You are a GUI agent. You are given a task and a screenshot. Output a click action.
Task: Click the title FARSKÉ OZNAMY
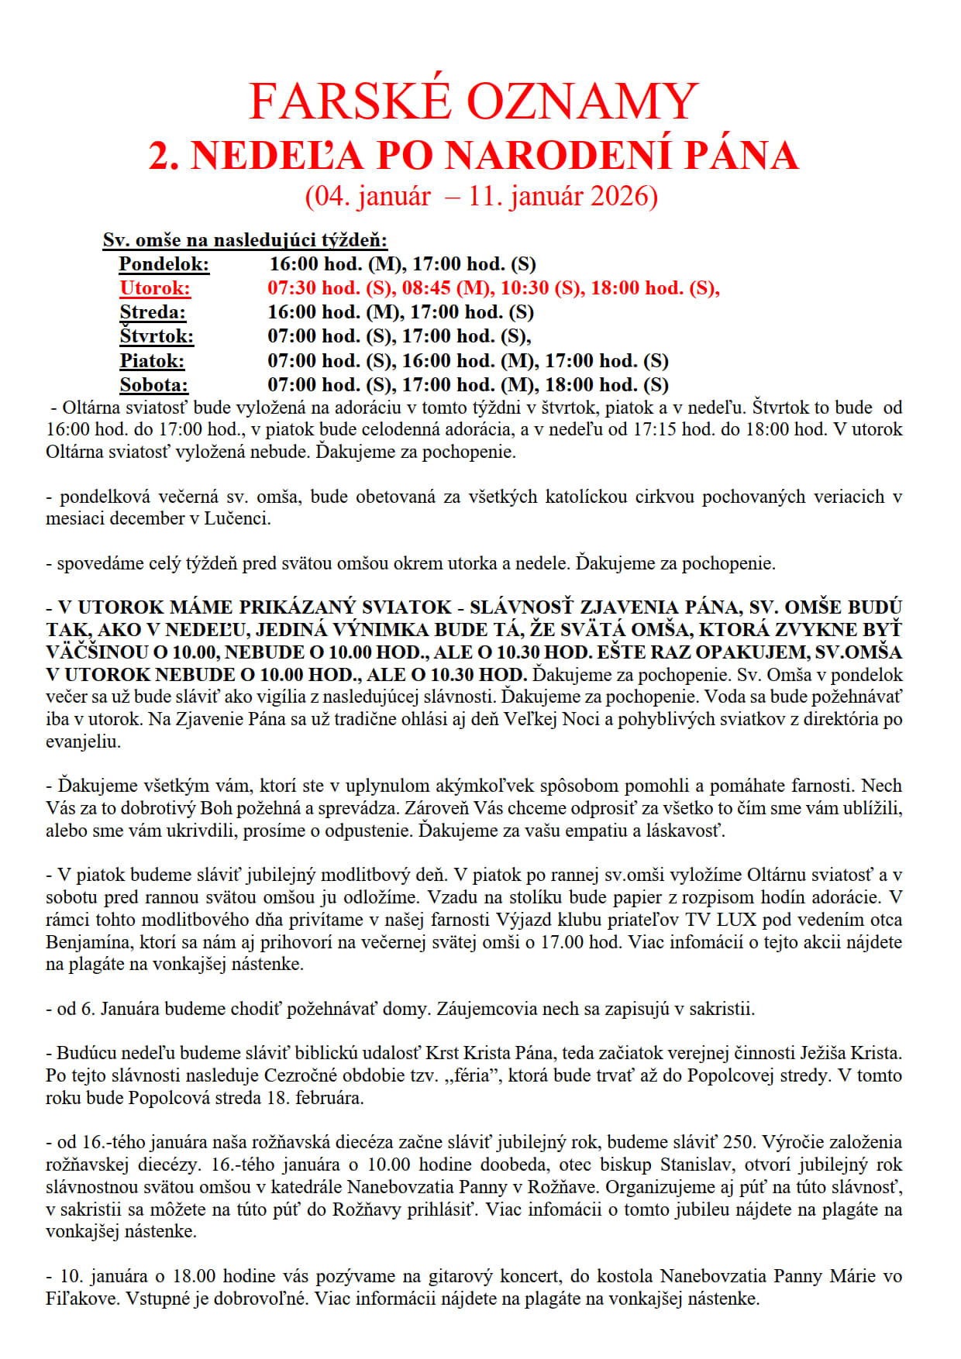tap(474, 101)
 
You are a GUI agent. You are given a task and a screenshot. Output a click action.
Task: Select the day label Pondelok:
tap(164, 264)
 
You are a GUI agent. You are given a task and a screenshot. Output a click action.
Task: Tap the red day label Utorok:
tap(155, 288)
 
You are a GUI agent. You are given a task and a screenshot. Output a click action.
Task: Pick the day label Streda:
tap(153, 312)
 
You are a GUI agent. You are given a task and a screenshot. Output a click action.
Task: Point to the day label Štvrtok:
tap(157, 336)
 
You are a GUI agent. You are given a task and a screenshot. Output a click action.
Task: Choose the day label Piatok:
tap(152, 361)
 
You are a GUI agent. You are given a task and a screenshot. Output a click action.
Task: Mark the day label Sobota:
tap(153, 385)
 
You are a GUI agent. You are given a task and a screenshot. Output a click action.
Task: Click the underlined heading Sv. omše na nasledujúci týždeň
tap(245, 240)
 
